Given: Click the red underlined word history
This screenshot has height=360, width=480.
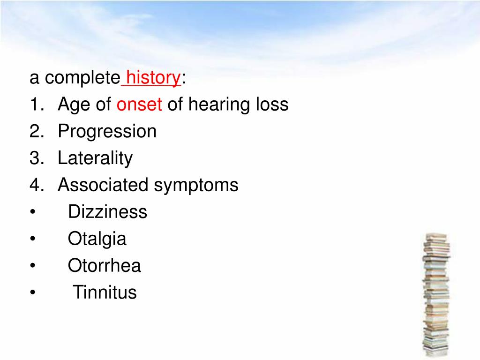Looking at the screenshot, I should coord(153,78).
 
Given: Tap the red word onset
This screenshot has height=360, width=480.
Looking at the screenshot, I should coord(139,105).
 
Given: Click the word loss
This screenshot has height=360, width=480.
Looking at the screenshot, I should coord(271,105).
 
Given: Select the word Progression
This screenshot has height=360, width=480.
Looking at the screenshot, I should coord(107,132).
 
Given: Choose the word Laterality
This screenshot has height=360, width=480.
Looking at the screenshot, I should coord(95,159).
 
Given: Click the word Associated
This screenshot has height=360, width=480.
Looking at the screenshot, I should coord(103,185).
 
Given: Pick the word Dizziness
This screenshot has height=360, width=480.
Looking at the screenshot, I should coord(107,212).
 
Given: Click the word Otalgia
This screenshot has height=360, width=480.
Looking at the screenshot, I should coord(97,240).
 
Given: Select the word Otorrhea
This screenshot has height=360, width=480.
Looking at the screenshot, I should coord(104,266).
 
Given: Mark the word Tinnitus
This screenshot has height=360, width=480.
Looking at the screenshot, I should coord(105,293).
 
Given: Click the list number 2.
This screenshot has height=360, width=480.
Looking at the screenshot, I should coord(36,132).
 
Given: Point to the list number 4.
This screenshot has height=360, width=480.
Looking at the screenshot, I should coord(36,185).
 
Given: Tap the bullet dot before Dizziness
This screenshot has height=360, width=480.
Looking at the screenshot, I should coord(32,213).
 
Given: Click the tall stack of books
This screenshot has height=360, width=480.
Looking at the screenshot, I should coord(436,295).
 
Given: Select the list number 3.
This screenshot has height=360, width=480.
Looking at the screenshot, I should coord(36,158).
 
